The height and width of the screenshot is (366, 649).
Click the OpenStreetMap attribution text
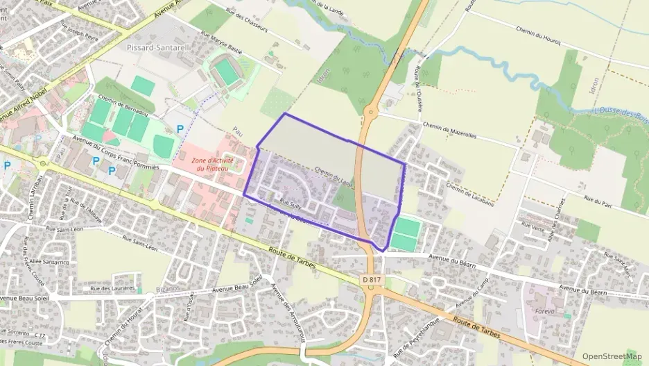pos(612,356)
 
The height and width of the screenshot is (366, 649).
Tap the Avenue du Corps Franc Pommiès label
pos(112,159)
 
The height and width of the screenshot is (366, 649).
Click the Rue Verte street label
pos(533,228)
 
